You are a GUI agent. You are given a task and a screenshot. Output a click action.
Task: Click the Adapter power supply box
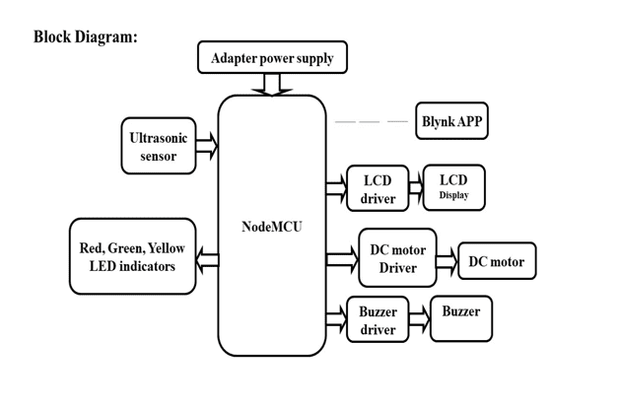coord(272,58)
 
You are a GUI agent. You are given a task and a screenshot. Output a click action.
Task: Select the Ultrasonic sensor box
coord(159,146)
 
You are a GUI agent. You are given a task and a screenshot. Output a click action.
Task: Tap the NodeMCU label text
coord(271,227)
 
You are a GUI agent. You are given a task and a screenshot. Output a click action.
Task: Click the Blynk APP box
coord(451,121)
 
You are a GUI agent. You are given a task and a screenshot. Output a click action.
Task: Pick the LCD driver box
coord(378,188)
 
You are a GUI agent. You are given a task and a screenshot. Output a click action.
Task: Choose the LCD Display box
coord(453,187)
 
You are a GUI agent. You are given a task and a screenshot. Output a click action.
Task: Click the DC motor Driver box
coord(397,258)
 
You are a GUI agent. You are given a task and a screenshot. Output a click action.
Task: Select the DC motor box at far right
coord(497,261)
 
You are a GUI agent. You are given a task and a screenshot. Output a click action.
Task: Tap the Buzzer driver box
coord(378,319)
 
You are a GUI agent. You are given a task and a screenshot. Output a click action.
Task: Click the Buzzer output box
coord(460,317)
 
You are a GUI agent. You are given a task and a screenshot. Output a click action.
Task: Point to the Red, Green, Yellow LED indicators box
coord(132,256)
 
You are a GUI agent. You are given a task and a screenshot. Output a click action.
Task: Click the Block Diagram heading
coord(85,36)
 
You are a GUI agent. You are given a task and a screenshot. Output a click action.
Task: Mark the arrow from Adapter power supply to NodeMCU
coord(272,85)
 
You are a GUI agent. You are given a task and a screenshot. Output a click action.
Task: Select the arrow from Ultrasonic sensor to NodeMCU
coord(207,146)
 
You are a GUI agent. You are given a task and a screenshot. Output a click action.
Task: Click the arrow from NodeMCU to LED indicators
coord(207,259)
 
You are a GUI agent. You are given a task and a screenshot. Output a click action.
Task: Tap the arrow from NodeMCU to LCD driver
coord(336,186)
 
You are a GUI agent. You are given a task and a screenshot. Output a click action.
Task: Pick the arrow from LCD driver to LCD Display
coord(415,186)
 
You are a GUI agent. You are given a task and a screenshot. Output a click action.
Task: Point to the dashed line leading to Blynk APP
coord(371,121)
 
